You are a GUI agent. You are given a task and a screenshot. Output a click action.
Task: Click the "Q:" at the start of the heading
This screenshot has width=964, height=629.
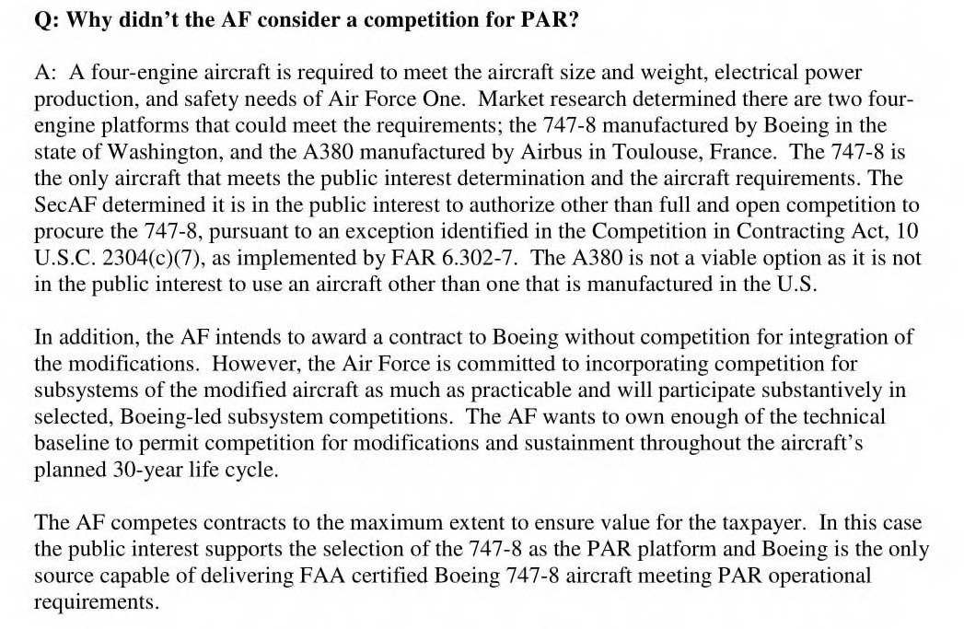tap(46, 19)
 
